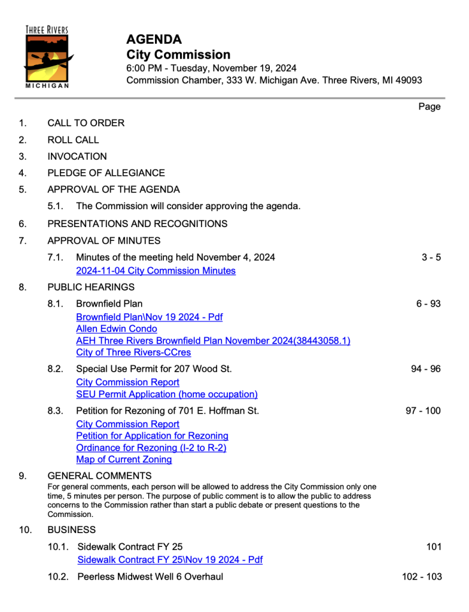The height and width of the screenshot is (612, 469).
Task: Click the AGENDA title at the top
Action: pyautogui.click(x=154, y=40)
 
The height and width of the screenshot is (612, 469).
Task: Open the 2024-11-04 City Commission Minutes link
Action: pyautogui.click(x=156, y=271)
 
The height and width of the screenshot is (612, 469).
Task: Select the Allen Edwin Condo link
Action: pyautogui.click(x=117, y=329)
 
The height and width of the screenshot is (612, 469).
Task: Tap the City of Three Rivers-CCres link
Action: pyautogui.click(x=133, y=353)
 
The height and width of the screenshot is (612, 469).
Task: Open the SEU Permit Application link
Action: pyautogui.click(x=167, y=394)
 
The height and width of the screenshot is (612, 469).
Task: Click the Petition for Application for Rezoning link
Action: pyautogui.click(x=152, y=436)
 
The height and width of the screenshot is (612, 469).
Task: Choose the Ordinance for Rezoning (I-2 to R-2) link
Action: pyautogui.click(x=151, y=448)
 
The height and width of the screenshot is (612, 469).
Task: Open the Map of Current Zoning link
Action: pyautogui.click(x=124, y=460)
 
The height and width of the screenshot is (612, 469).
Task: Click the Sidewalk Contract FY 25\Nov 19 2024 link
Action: pyautogui.click(x=170, y=560)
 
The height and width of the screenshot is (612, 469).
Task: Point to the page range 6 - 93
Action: pyautogui.click(x=428, y=304)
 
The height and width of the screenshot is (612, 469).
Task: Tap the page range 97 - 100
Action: pyautogui.click(x=423, y=411)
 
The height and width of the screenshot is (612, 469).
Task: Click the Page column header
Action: pyautogui.click(x=430, y=107)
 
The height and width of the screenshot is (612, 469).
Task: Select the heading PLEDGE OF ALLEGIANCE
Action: pyautogui.click(x=106, y=173)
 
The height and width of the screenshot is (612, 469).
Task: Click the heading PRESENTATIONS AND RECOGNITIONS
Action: pyautogui.click(x=137, y=224)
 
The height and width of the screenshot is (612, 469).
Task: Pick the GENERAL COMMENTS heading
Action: pyautogui.click(x=99, y=476)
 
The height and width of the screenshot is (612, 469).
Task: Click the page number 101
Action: pyautogui.click(x=434, y=547)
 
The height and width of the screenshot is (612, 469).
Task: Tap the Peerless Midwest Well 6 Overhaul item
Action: pyautogui.click(x=150, y=577)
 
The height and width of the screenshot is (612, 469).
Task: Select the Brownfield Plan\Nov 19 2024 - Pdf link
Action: pyautogui.click(x=149, y=317)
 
